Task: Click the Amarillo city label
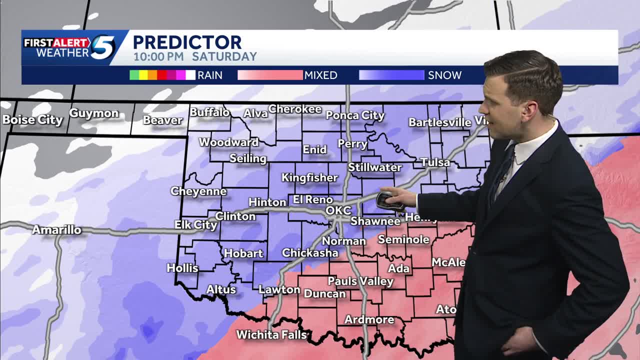pyautogui.click(x=56, y=230)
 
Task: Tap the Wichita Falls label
pyautogui.click(x=271, y=334)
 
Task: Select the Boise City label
pyautogui.click(x=32, y=120)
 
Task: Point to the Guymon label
pyautogui.click(x=93, y=113)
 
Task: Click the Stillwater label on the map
pyautogui.click(x=374, y=167)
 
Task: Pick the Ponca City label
pyautogui.click(x=355, y=115)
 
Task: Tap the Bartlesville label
pyautogui.click(x=439, y=122)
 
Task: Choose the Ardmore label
pyautogui.click(x=369, y=319)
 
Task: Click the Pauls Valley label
pyautogui.click(x=360, y=281)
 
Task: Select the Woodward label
pyautogui.click(x=228, y=142)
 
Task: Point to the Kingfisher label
pyautogui.click(x=309, y=178)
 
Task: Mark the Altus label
pyautogui.click(x=221, y=289)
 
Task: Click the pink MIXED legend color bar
pyautogui.click(x=270, y=75)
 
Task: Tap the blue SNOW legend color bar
pyautogui.click(x=391, y=75)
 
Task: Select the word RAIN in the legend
pyautogui.click(x=210, y=75)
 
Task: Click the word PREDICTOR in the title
pyautogui.click(x=187, y=42)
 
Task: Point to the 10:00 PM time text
pyautogui.click(x=158, y=57)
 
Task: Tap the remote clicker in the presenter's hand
pyautogui.click(x=388, y=200)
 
